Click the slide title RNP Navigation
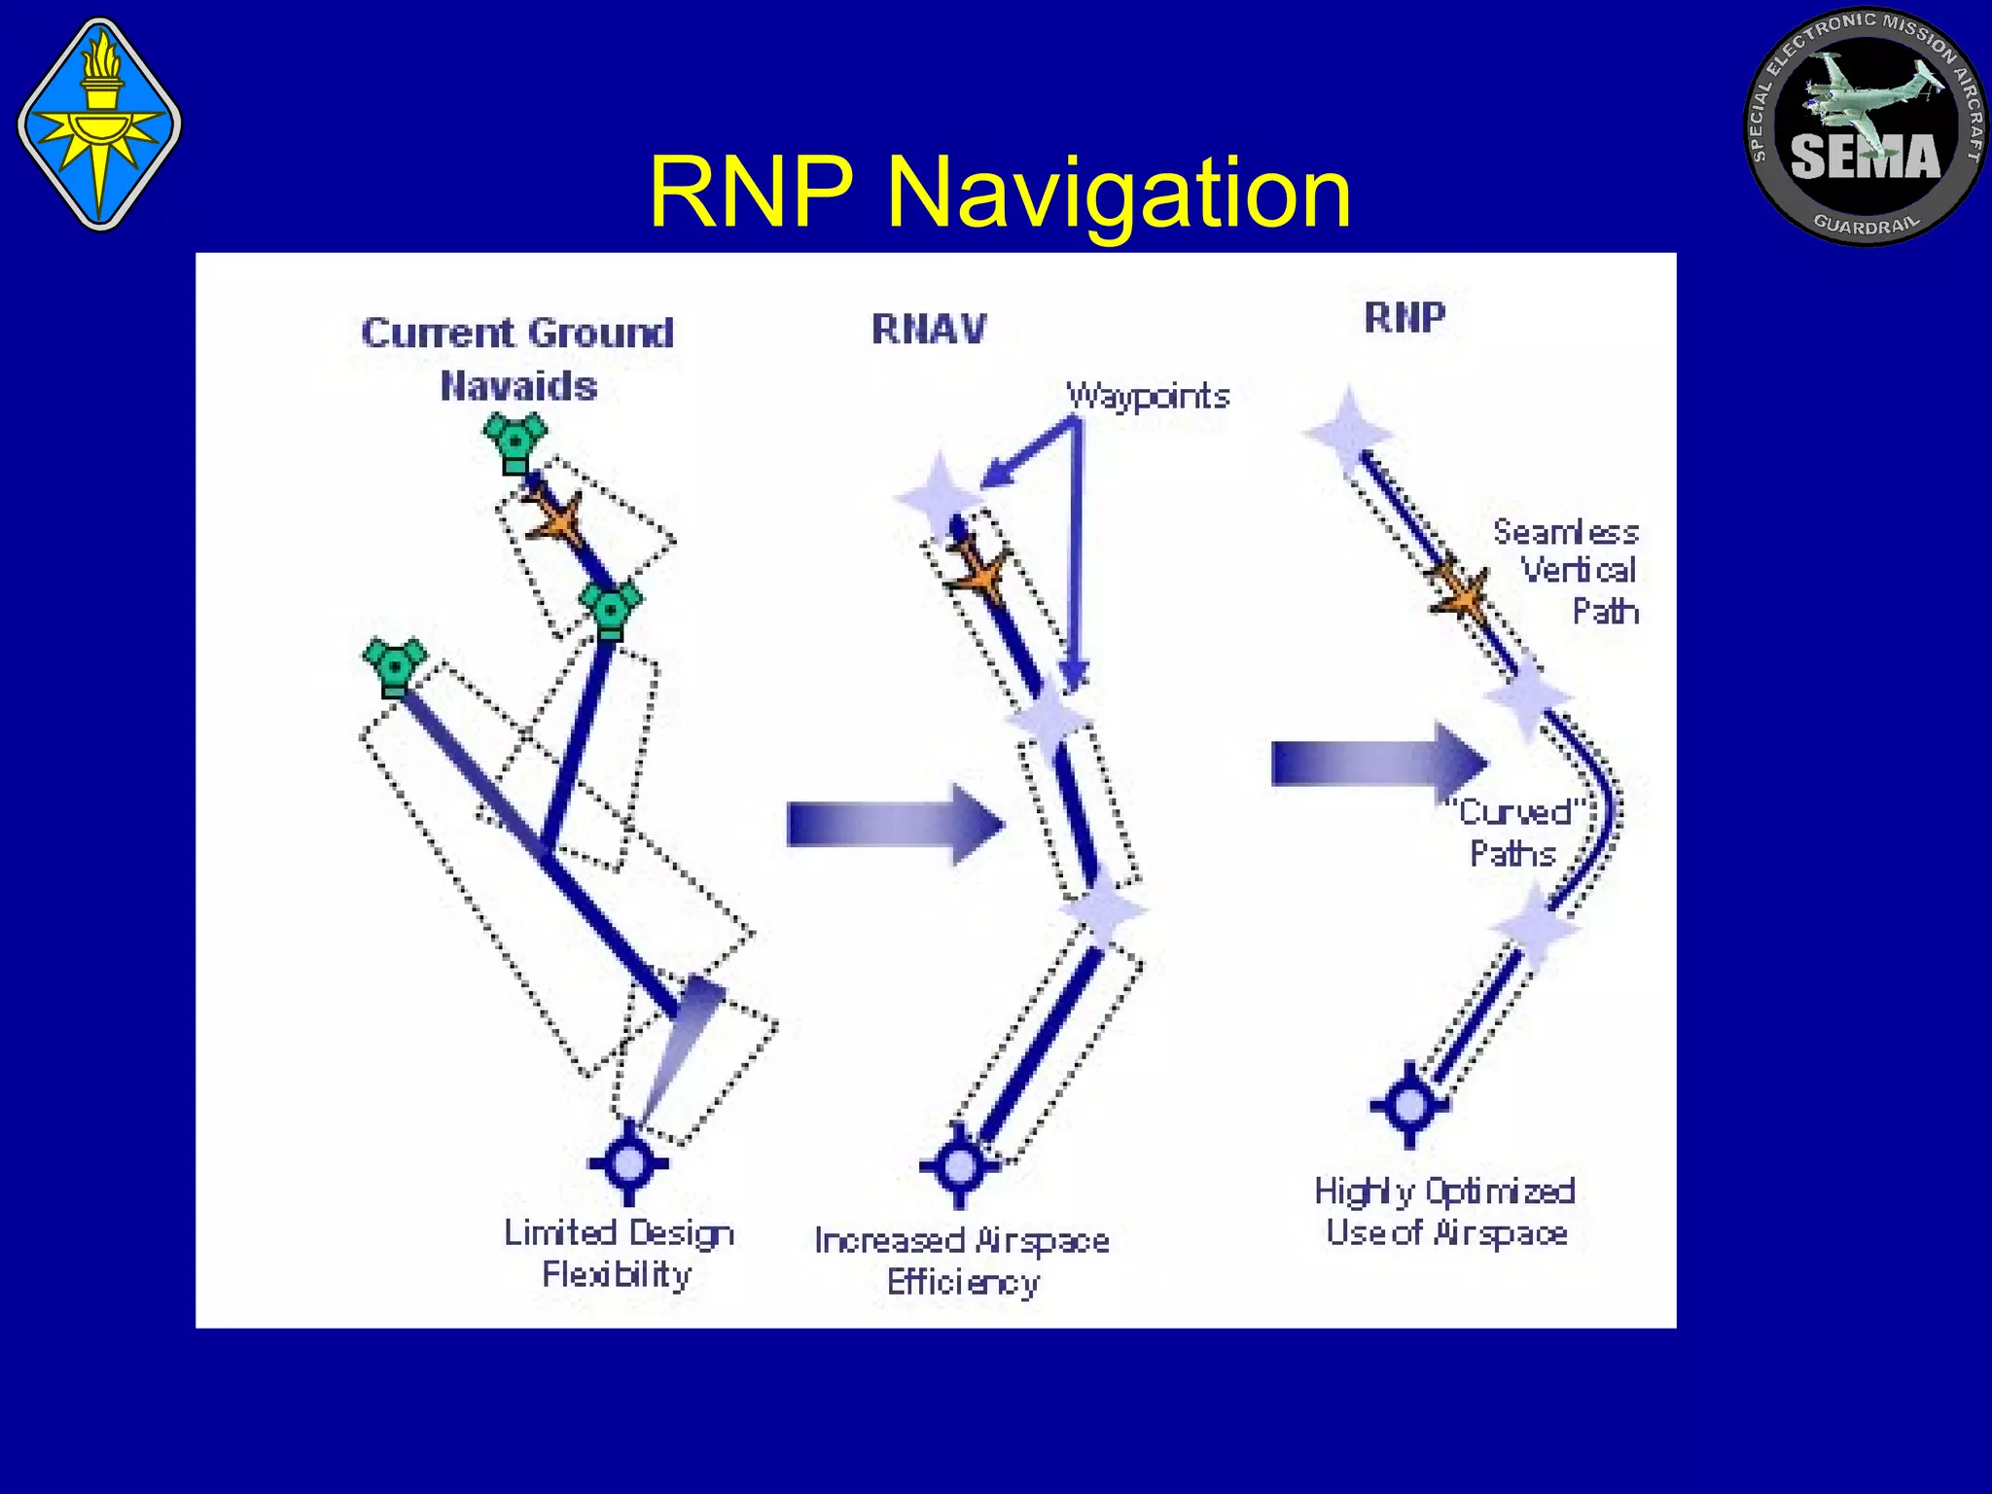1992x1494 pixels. coord(999,193)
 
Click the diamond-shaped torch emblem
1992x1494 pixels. coord(99,124)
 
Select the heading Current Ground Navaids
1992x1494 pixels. coord(517,359)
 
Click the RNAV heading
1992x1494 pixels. coord(929,329)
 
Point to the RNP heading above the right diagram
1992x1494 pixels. coord(1405,317)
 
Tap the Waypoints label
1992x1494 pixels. coord(1148,396)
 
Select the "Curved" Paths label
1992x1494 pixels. coord(1515,833)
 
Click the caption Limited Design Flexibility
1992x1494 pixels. coord(618,1253)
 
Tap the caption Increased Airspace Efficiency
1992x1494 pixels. coord(962,1262)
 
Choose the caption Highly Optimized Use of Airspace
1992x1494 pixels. coord(1445,1212)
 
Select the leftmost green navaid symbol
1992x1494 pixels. coord(394,666)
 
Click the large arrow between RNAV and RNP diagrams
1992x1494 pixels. coord(1377,764)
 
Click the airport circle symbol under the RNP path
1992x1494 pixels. coord(1409,1105)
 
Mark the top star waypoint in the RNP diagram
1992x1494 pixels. coord(1348,432)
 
